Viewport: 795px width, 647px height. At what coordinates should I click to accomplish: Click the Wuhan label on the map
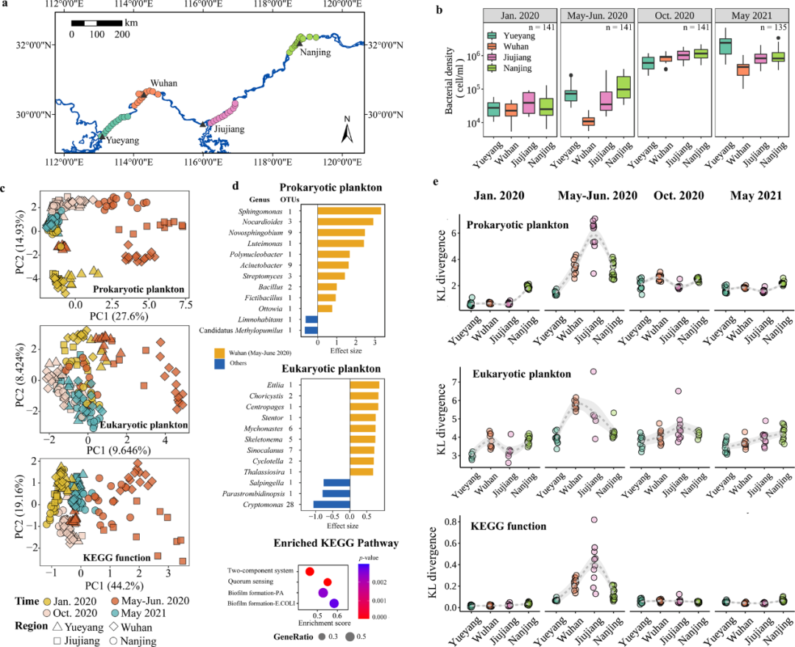(163, 82)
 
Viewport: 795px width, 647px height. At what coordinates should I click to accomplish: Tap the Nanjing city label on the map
(316, 53)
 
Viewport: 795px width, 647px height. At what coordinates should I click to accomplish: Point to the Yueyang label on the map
(121, 140)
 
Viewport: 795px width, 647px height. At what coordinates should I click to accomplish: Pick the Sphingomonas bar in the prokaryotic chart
(349, 211)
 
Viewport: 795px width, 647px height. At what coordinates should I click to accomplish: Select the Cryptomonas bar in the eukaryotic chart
(331, 503)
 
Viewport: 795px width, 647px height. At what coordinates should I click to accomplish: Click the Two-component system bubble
(310, 572)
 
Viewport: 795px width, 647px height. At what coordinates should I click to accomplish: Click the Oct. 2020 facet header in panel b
(674, 15)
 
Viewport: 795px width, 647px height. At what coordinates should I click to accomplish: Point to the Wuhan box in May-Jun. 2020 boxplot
(589, 121)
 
